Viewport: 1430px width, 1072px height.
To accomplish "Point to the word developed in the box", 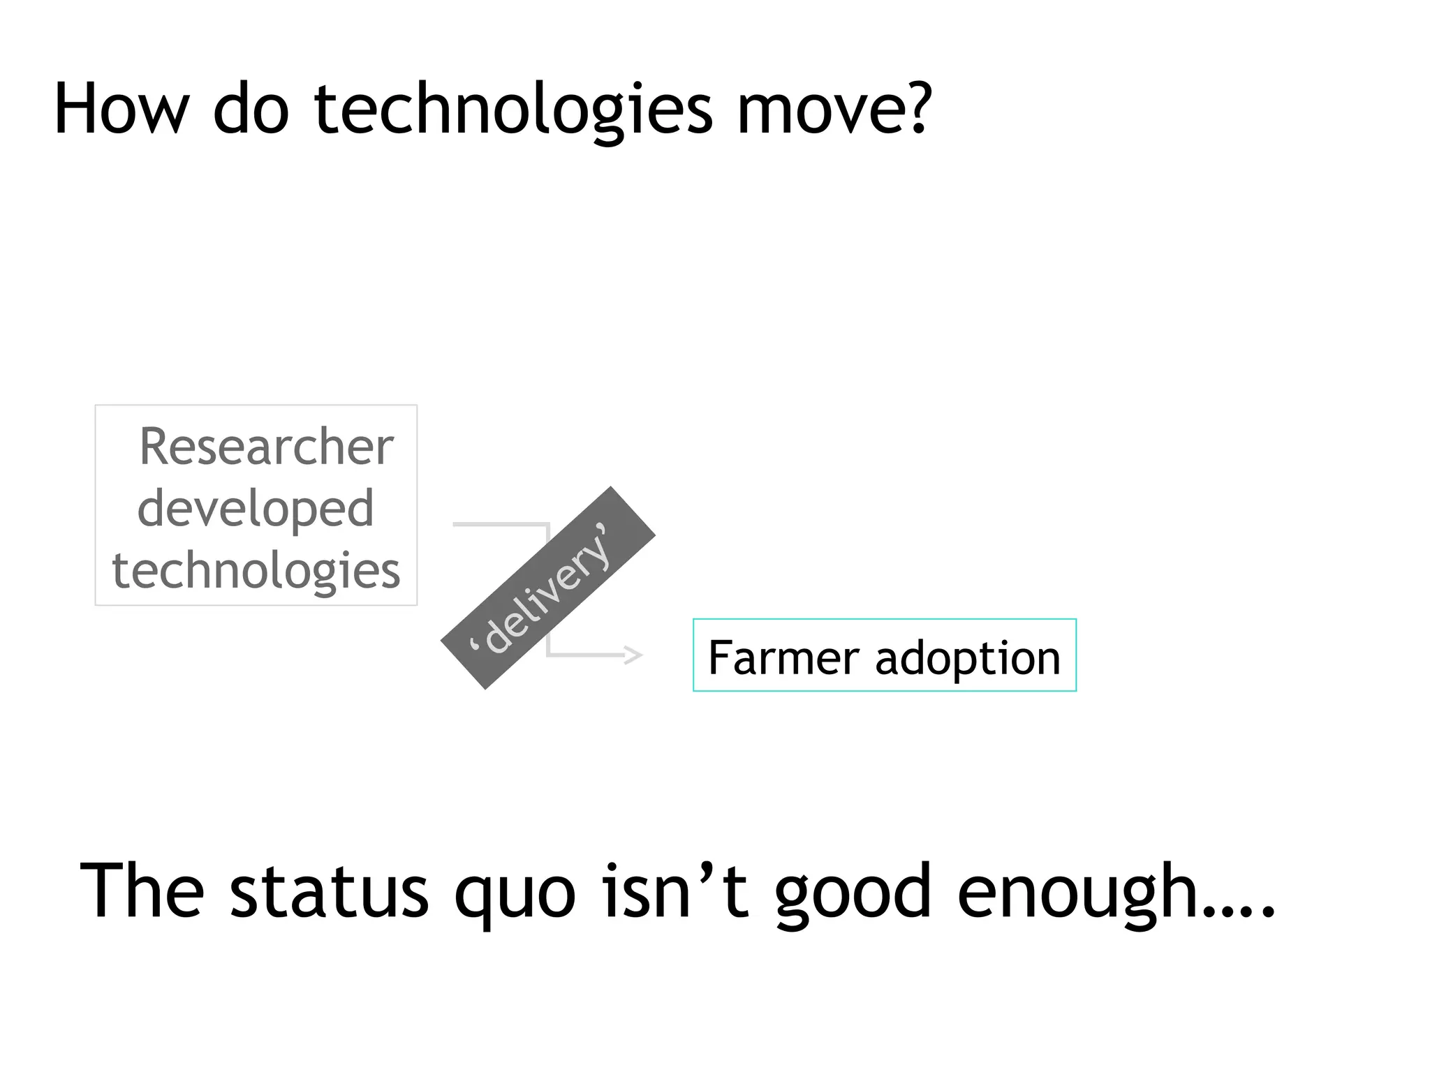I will pos(256,508).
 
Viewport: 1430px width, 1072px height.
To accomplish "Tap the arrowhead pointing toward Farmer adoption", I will pos(633,655).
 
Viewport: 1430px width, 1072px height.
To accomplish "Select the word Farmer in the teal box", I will pos(784,657).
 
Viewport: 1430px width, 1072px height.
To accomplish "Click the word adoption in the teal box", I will pos(968,657).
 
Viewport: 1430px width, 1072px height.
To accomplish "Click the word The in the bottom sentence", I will pos(142,891).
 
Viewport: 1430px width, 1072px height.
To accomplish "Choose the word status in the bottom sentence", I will pos(329,891).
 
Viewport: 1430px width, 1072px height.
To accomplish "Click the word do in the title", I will pos(250,110).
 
